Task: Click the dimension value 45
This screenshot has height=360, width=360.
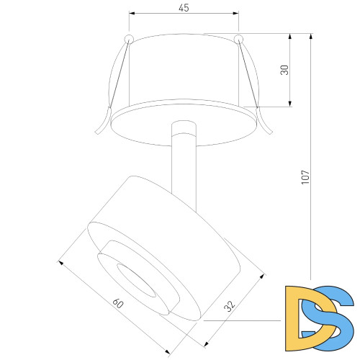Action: tap(184, 8)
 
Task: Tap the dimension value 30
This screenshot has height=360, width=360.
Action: tap(285, 70)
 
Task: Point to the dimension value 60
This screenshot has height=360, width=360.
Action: tap(119, 305)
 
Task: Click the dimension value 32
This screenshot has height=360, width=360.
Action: tap(230, 306)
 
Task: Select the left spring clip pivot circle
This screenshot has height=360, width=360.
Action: tap(128, 37)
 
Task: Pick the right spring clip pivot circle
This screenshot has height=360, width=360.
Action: tap(238, 37)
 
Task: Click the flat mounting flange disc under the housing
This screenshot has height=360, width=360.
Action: tap(184, 122)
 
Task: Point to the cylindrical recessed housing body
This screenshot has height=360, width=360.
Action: tap(184, 68)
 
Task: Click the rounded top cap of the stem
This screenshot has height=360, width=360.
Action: tap(184, 127)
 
